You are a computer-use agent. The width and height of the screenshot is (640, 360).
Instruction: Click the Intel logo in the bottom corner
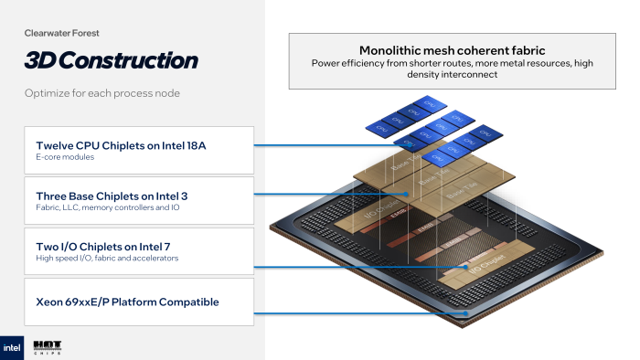[12, 348]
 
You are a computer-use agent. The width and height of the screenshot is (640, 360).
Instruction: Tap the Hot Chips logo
[47, 348]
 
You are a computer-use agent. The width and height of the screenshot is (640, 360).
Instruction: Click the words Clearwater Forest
[61, 33]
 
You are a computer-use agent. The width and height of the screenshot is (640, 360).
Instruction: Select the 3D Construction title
[111, 61]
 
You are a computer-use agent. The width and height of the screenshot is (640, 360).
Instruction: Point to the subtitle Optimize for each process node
[102, 94]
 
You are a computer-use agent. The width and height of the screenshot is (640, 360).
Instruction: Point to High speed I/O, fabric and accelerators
[108, 259]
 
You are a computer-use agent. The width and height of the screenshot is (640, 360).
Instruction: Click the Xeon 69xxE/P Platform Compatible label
[127, 302]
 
